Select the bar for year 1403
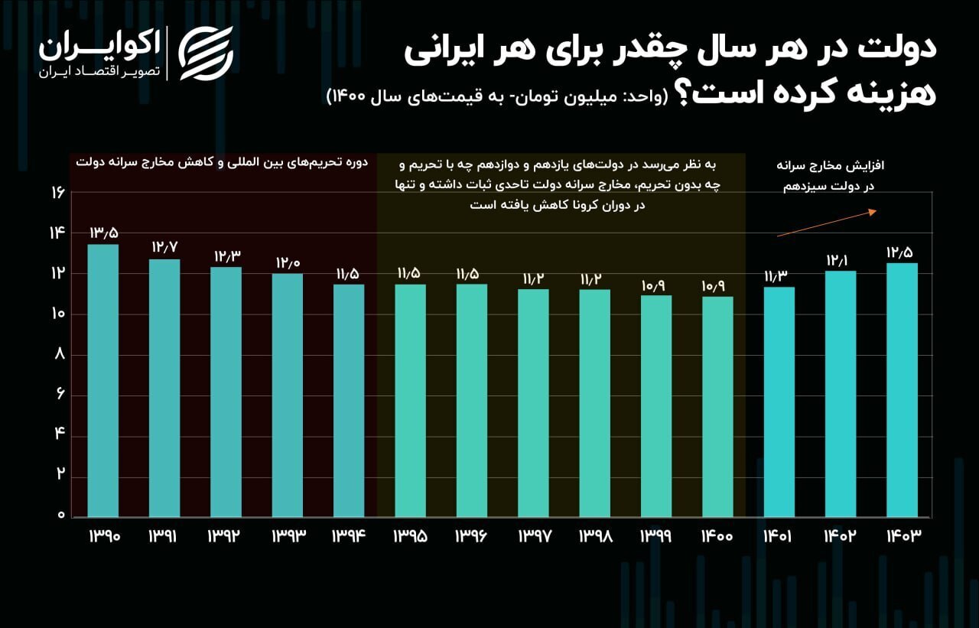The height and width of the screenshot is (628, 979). (x=902, y=390)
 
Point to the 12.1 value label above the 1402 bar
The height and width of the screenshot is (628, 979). (x=840, y=261)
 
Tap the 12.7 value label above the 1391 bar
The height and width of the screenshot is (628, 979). (x=164, y=248)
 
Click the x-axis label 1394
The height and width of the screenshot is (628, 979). (x=349, y=536)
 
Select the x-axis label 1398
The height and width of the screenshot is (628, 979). (x=595, y=536)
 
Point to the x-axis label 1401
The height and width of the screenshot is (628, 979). (x=779, y=536)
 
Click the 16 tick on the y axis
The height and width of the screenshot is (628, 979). (x=57, y=193)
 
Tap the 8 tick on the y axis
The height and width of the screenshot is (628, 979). (x=58, y=354)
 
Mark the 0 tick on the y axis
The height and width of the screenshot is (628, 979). (x=58, y=516)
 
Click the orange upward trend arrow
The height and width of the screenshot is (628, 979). (x=826, y=223)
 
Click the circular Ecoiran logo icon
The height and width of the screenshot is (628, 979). (x=206, y=53)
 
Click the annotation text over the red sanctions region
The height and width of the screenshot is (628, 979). (x=222, y=163)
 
